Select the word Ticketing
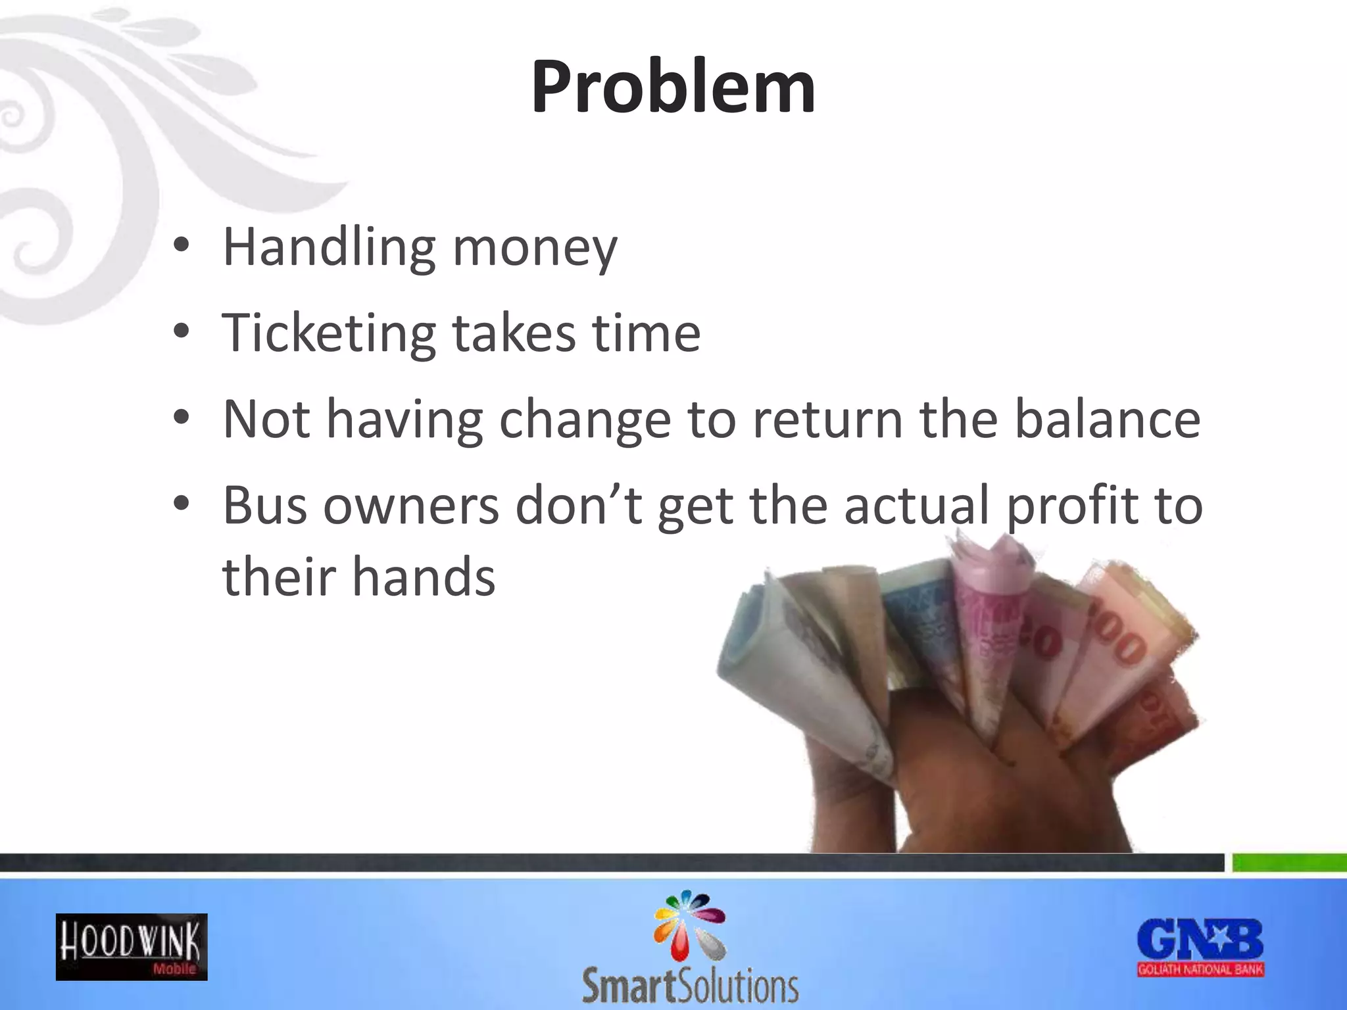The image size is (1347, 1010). point(329,333)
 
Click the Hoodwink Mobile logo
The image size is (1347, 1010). point(132,947)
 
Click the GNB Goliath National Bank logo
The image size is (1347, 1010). point(1200,947)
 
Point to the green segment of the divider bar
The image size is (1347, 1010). point(1289,863)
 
